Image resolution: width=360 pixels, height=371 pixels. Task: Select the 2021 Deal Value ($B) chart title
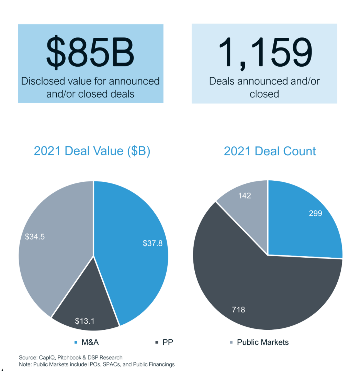(x=92, y=151)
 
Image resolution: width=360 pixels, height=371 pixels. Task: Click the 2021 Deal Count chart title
(x=270, y=151)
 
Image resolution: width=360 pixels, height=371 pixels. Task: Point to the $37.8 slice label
(x=153, y=243)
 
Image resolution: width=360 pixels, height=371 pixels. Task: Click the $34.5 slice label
(x=35, y=237)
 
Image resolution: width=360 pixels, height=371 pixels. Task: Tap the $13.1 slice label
(x=85, y=321)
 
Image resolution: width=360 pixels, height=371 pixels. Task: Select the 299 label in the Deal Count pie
(x=315, y=213)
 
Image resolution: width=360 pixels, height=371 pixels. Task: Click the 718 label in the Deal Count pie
(x=238, y=310)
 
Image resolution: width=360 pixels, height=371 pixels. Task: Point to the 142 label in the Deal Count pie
(x=244, y=195)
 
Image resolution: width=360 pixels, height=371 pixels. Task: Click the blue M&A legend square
(x=76, y=342)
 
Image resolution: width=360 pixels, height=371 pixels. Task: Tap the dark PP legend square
(x=157, y=342)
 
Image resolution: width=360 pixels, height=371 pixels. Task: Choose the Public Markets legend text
(x=263, y=342)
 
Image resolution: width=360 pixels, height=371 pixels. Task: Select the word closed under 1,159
(x=264, y=94)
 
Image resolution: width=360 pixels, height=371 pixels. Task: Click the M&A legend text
(x=90, y=342)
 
